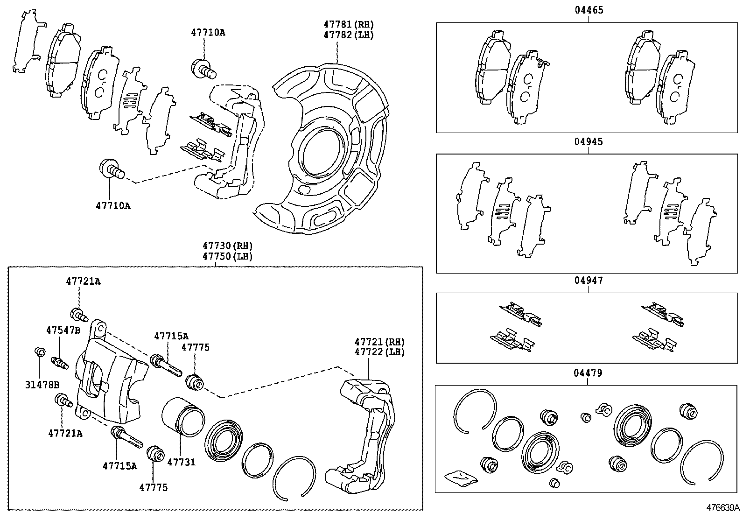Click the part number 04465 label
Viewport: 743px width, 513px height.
588,10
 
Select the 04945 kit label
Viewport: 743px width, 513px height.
588,141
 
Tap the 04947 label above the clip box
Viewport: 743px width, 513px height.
588,280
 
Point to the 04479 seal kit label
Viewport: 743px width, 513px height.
588,372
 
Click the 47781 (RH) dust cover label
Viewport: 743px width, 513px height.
349,24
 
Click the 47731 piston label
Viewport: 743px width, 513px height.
181,462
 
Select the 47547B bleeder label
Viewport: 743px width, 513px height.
63,330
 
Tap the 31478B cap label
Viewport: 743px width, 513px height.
42,385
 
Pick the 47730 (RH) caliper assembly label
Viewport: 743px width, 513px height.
227,246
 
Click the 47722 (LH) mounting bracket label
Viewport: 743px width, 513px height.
379,352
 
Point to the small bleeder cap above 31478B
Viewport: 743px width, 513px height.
40,351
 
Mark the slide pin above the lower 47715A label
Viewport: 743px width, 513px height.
127,437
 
